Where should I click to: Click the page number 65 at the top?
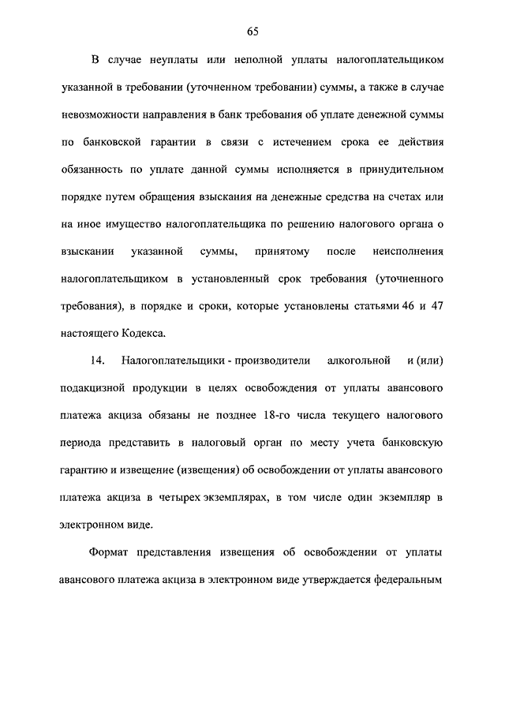[252, 31]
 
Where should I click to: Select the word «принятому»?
[279, 252]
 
